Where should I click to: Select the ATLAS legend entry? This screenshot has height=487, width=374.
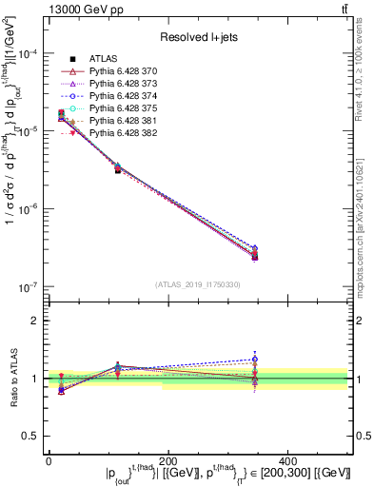click(104, 59)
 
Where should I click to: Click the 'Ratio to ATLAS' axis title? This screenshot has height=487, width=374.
click(11, 378)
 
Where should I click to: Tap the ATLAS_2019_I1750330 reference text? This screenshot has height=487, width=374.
click(195, 284)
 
